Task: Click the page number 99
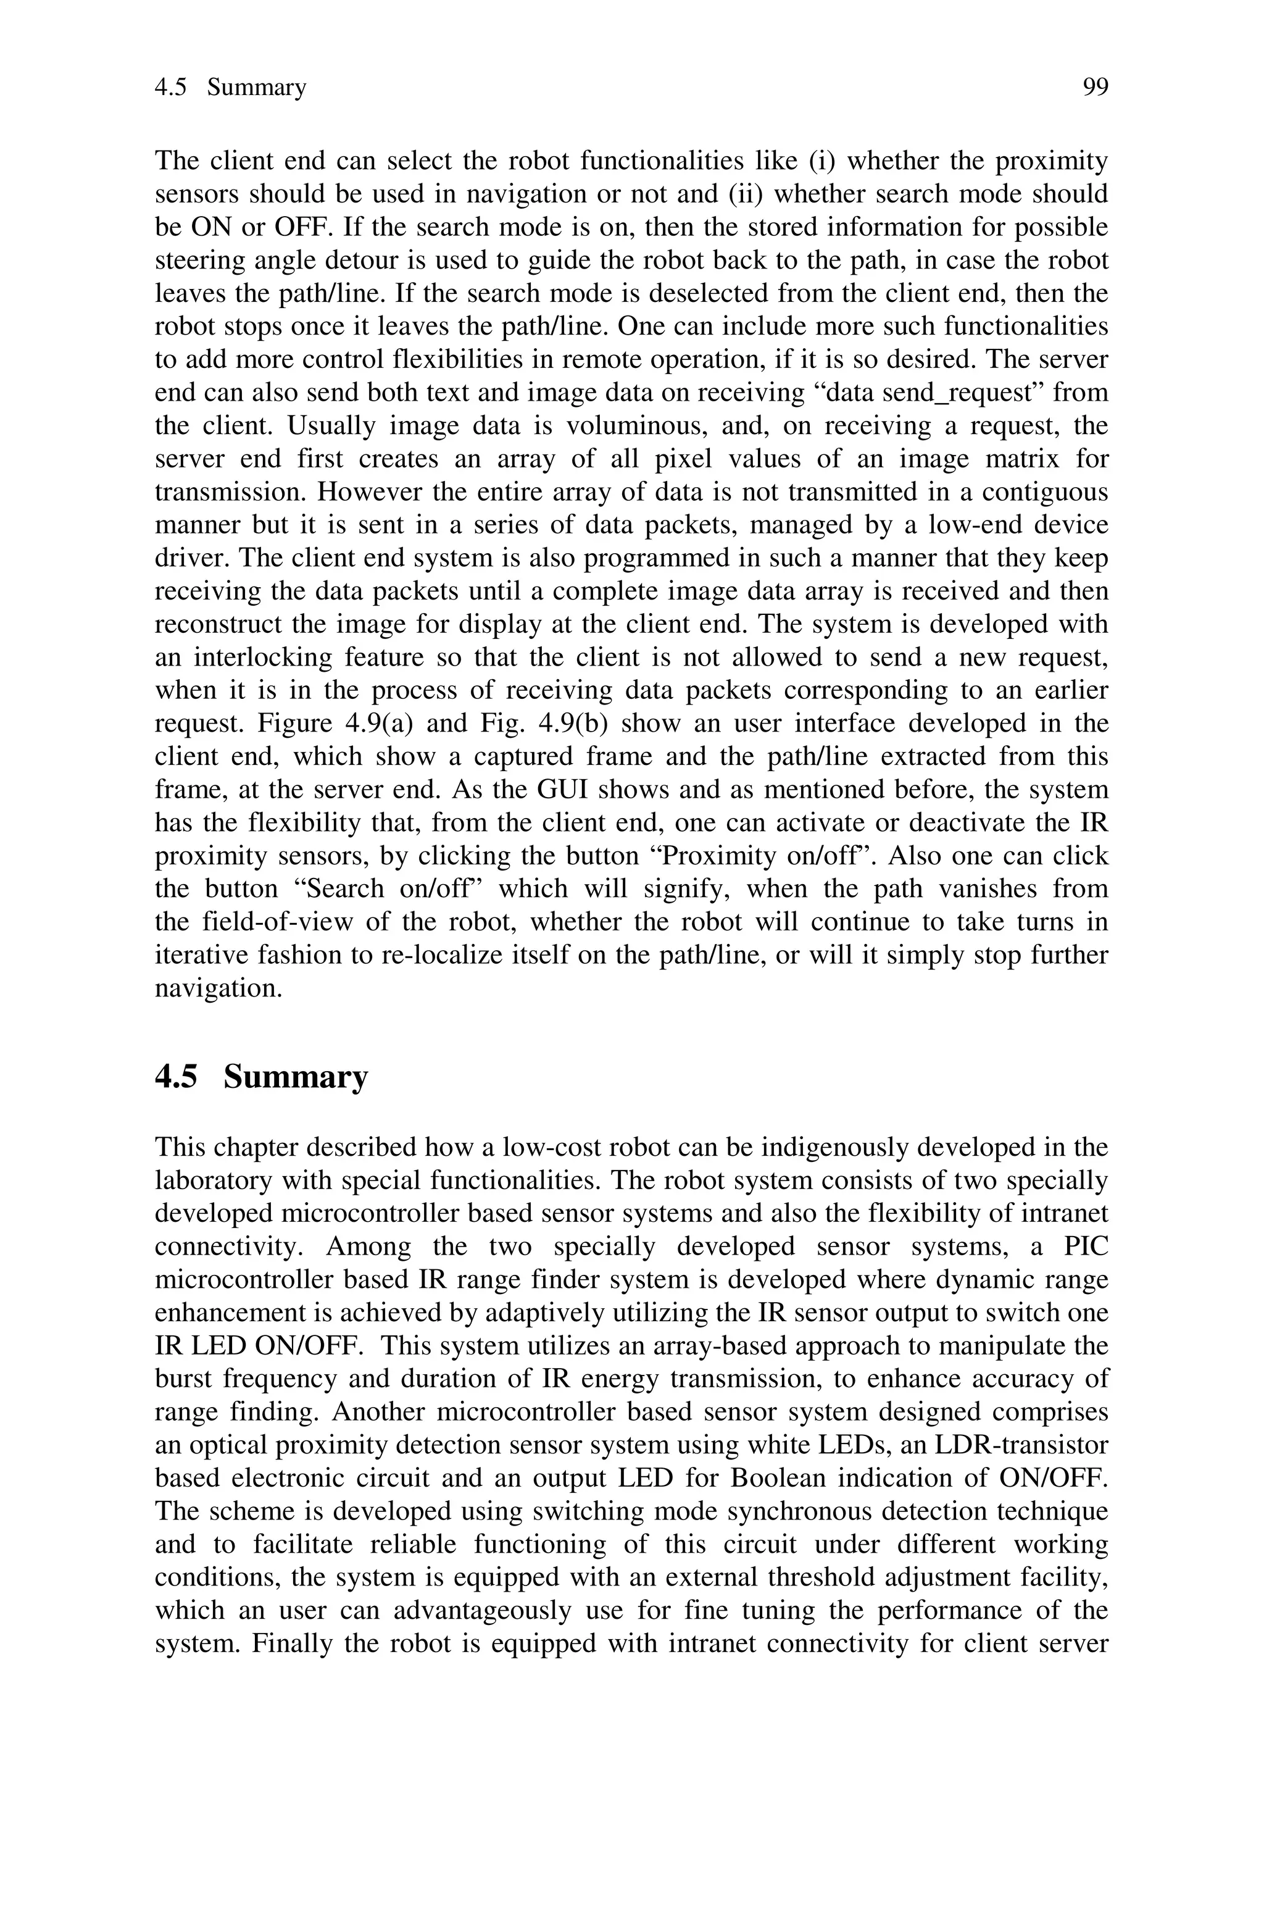pyautogui.click(x=1095, y=87)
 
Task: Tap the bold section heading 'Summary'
pyautogui.click(x=295, y=1077)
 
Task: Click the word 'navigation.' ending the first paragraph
pyautogui.click(x=218, y=988)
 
